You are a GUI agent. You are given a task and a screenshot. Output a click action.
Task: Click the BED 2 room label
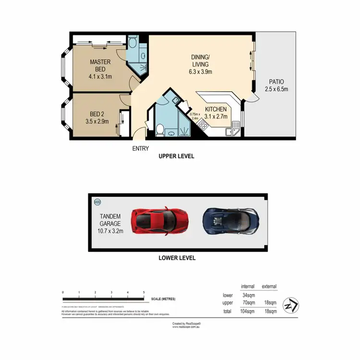(97, 117)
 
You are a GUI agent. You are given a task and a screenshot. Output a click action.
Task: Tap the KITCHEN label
(216, 112)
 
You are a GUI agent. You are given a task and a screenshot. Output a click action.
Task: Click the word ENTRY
(141, 148)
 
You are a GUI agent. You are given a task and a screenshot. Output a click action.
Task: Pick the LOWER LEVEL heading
(177, 258)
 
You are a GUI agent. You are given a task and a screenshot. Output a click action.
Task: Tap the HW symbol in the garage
(98, 202)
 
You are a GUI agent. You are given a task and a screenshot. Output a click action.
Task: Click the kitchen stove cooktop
(203, 126)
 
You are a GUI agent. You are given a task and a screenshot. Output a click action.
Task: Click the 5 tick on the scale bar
(144, 292)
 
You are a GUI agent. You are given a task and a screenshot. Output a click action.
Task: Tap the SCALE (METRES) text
(163, 299)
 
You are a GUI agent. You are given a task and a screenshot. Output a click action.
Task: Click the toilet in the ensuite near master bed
(132, 43)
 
